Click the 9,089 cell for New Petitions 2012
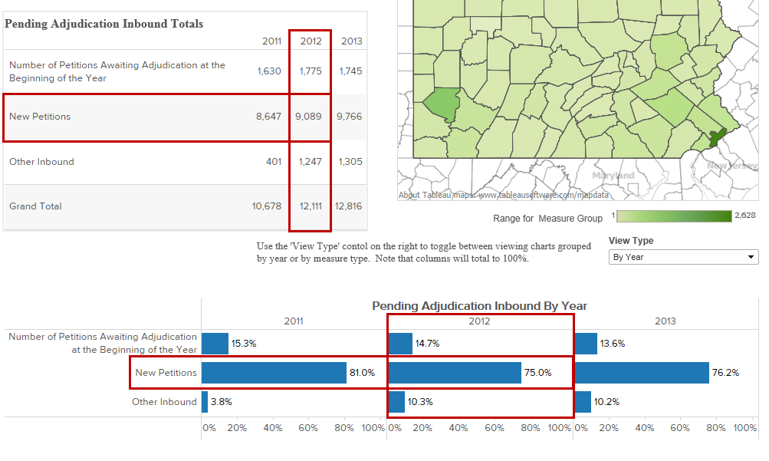[x=310, y=117]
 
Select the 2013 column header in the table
[x=351, y=41]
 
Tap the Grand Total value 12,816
[x=349, y=206]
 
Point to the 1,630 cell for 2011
[x=269, y=71]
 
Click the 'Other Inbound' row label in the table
[x=41, y=162]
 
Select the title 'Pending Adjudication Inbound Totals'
[x=104, y=24]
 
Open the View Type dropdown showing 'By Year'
[x=683, y=257]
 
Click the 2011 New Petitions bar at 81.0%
[x=274, y=373]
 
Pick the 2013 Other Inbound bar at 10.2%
[x=583, y=401]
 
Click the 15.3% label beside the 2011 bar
[x=244, y=344]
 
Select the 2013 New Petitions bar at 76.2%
[x=641, y=373]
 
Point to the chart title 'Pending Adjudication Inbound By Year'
[x=479, y=306]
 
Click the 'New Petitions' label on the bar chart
[x=166, y=373]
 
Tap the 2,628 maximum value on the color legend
[x=745, y=216]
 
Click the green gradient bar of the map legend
[x=674, y=216]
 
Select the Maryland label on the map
[x=614, y=176]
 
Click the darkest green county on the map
[x=717, y=138]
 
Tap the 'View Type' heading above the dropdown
[x=631, y=241]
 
